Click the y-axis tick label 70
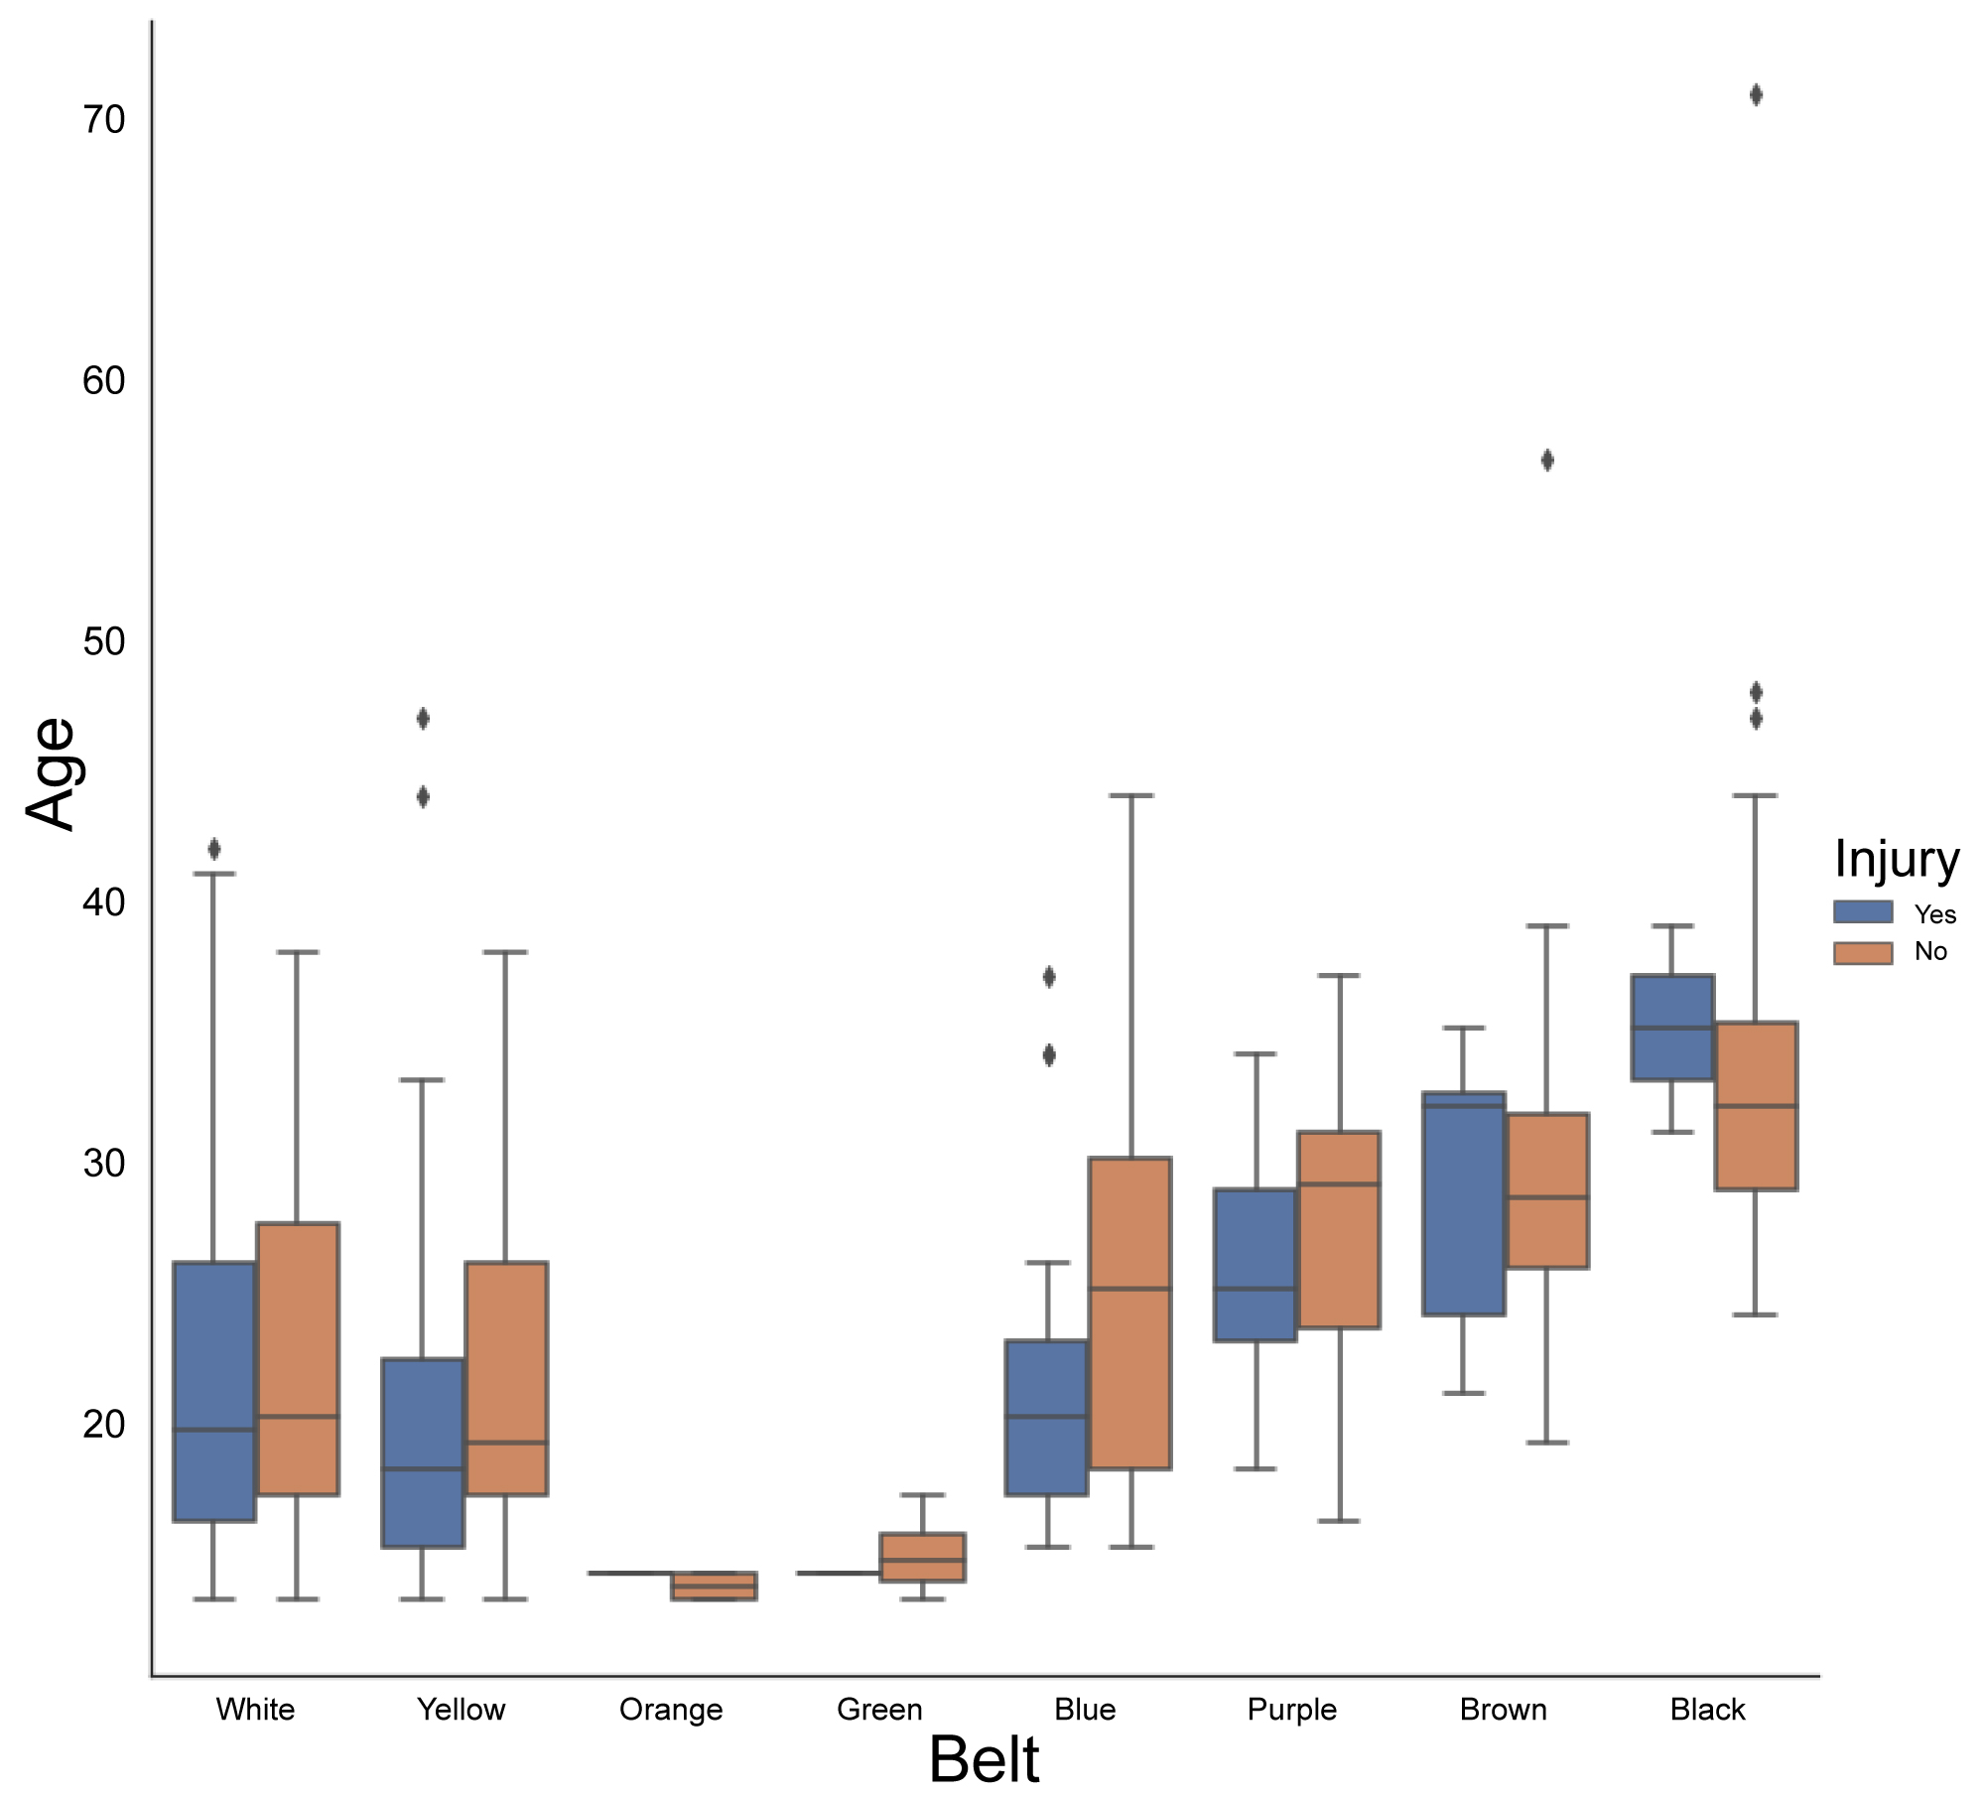click(103, 120)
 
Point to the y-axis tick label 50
click(103, 642)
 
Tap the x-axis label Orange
click(671, 1710)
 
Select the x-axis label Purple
click(1291, 1710)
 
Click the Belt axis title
click(984, 1760)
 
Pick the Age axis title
click(52, 773)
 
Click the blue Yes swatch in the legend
click(1863, 912)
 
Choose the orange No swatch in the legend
click(1863, 952)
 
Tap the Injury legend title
click(1896, 859)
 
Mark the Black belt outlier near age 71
click(1756, 95)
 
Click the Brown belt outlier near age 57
click(1547, 461)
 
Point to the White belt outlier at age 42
click(214, 850)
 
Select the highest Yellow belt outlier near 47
click(423, 719)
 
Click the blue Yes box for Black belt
click(1673, 1028)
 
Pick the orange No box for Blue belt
click(1130, 1313)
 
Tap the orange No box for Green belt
click(923, 1557)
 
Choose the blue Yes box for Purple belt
click(1256, 1265)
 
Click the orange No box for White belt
click(298, 1358)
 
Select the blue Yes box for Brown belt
click(1464, 1203)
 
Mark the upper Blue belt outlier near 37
click(1049, 977)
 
